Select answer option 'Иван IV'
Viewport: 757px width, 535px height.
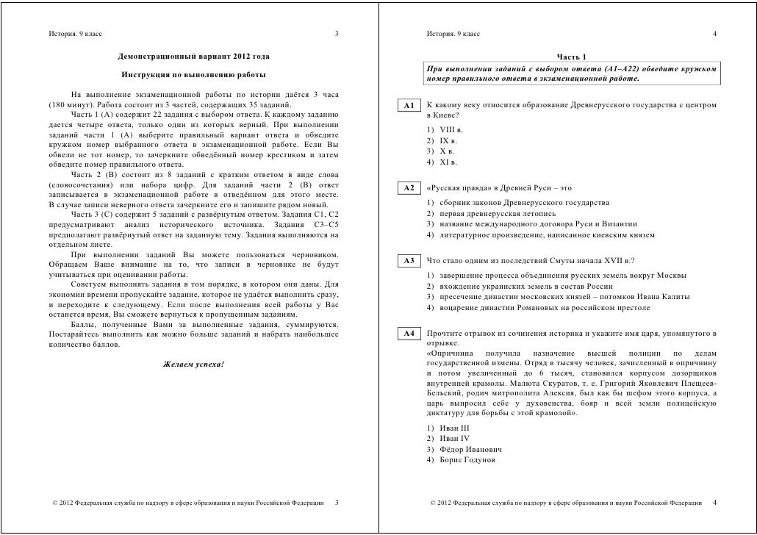click(448, 438)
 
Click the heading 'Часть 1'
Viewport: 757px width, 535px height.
click(571, 57)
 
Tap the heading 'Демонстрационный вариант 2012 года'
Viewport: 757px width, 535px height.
click(193, 57)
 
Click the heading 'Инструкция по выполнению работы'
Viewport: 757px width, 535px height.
click(193, 76)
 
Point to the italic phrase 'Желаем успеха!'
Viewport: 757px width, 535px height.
click(193, 365)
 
